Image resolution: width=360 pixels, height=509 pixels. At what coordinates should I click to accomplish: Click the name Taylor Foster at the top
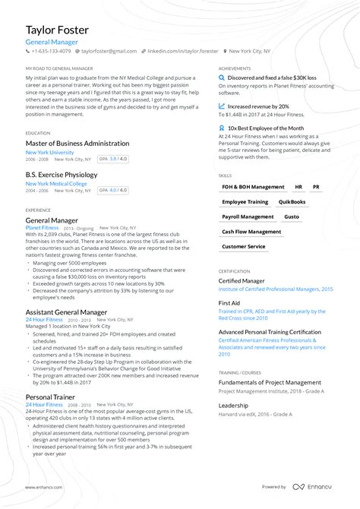point(57,30)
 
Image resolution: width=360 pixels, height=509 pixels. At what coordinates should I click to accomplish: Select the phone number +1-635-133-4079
point(50,51)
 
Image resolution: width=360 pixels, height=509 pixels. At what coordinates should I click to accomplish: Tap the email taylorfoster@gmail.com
point(109,51)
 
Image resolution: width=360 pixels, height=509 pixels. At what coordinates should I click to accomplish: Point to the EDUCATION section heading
point(38,133)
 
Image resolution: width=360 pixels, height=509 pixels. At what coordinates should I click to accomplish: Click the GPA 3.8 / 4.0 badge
point(114,160)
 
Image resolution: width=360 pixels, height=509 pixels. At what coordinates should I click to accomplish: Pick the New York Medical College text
point(56,184)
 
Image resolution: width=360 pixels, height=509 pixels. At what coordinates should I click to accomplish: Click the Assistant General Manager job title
point(67,312)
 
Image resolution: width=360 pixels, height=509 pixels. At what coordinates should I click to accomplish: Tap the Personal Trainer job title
point(49,397)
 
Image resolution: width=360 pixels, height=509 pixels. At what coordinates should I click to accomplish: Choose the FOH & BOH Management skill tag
point(253,187)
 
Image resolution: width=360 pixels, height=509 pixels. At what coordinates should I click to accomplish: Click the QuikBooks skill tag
point(292,202)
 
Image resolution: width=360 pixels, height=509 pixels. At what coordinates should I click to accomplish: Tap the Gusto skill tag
point(292,217)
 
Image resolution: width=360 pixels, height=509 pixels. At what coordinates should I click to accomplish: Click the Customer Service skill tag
point(244,246)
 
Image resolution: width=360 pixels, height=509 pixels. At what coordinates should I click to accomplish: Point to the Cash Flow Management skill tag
point(251,232)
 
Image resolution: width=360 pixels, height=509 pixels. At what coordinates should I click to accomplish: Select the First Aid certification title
point(229,302)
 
